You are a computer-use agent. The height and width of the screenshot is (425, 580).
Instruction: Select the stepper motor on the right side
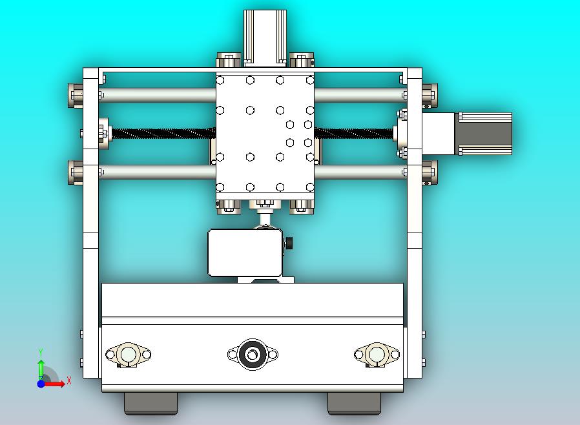484,134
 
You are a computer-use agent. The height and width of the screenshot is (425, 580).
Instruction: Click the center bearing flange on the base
253,355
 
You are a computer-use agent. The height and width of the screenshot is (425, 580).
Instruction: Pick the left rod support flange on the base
128,355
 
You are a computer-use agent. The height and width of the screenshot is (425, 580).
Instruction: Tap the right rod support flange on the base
377,355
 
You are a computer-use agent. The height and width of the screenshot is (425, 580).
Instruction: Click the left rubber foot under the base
150,403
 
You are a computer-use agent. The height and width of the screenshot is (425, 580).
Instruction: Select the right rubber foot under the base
354,403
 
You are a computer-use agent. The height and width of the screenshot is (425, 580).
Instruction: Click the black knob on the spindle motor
289,244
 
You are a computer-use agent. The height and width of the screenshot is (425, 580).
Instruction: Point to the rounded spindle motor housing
244,253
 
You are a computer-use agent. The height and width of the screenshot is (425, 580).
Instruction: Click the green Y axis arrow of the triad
41,366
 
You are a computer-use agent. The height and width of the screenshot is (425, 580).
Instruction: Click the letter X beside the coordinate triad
68,381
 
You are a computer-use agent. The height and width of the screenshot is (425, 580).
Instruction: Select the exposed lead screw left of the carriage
161,134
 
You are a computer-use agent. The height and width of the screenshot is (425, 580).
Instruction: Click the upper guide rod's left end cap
76,96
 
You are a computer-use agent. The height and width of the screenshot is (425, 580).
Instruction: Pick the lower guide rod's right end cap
430,172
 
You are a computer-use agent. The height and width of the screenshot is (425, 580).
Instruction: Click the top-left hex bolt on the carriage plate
220,81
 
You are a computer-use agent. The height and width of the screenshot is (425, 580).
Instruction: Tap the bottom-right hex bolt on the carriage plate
309,187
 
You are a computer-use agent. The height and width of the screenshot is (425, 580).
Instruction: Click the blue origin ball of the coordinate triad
41,384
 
